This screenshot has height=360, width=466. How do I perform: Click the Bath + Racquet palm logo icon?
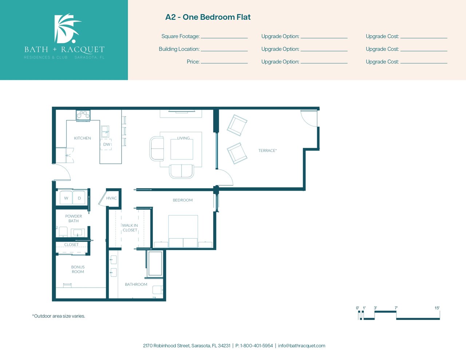(67, 28)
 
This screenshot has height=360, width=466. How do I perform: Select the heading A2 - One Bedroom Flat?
(208, 17)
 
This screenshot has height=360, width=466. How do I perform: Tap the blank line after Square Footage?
(224, 38)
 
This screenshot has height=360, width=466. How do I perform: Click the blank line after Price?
(224, 63)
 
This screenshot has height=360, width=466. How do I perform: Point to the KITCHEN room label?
(83, 138)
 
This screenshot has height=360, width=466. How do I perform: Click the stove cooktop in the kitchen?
(83, 115)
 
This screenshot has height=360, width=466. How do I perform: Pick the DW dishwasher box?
(106, 144)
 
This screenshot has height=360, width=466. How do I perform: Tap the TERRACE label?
(268, 151)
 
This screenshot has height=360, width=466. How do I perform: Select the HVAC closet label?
(111, 198)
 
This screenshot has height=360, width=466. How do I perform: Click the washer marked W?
(66, 198)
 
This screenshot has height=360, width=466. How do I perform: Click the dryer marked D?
(79, 198)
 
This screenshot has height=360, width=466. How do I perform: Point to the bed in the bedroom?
(183, 232)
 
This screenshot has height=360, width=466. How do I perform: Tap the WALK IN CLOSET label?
(130, 228)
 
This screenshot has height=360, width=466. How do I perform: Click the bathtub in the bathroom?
(155, 264)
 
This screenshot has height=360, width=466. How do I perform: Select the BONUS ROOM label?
(78, 269)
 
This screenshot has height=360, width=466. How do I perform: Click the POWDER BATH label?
(74, 218)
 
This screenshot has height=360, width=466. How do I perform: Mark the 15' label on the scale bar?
(437, 308)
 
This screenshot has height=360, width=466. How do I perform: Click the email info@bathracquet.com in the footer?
(301, 346)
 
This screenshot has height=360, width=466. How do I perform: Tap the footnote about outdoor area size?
(59, 316)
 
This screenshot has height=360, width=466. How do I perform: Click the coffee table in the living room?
(182, 150)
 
